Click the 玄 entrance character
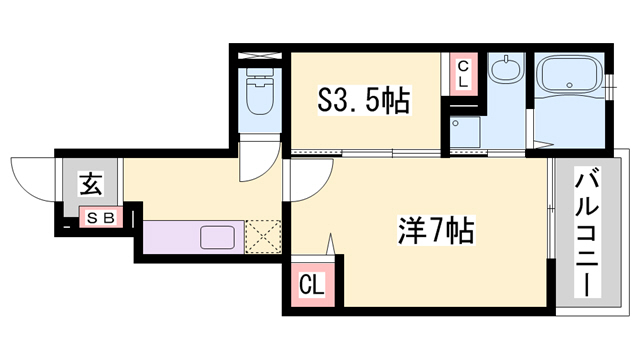tap(90, 185)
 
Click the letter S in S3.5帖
tap(326, 101)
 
